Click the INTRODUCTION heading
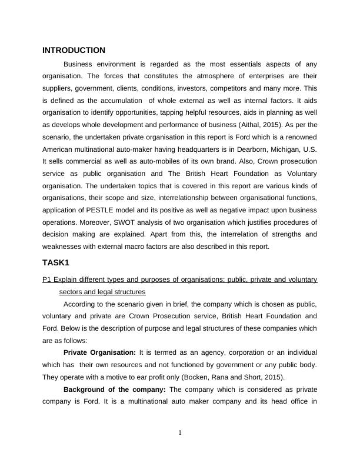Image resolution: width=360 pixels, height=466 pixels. [x=74, y=51]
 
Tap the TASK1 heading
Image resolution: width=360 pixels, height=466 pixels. [x=56, y=262]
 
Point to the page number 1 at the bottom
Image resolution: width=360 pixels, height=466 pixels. [x=180, y=434]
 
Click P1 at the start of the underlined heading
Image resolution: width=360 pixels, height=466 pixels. [x=46, y=279]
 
